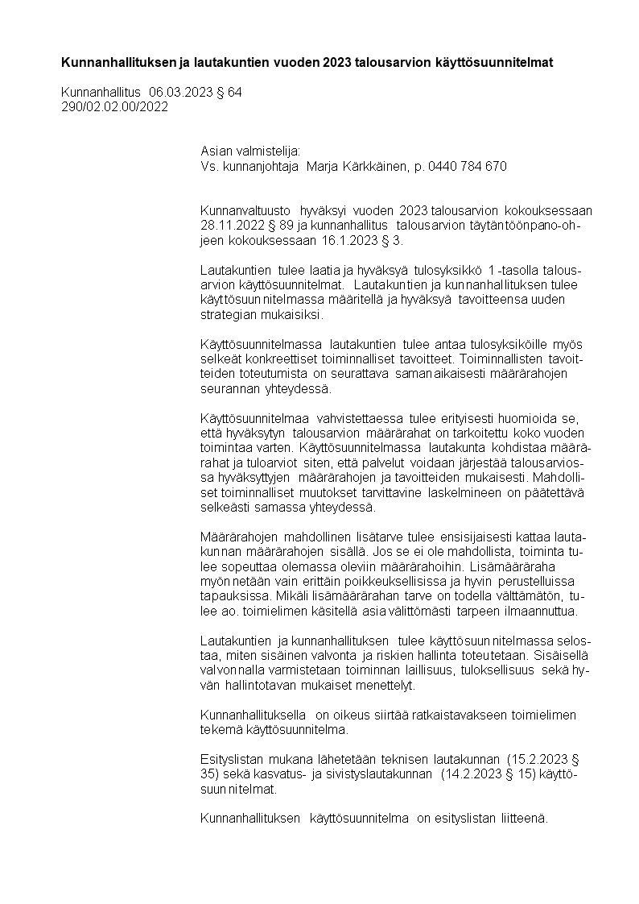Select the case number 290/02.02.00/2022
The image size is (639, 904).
114,107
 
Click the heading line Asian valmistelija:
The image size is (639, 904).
250,151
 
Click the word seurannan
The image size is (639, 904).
231,388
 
